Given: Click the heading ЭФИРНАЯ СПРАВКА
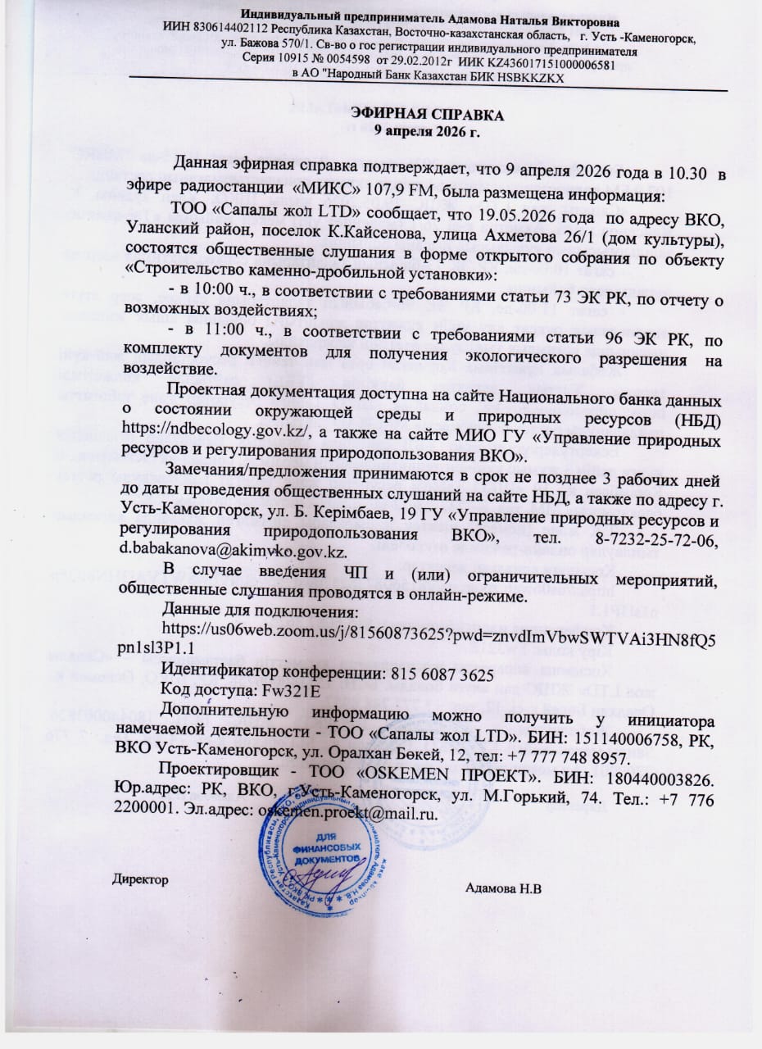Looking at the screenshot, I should click(426, 115).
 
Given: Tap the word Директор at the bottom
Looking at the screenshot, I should click(140, 879).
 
